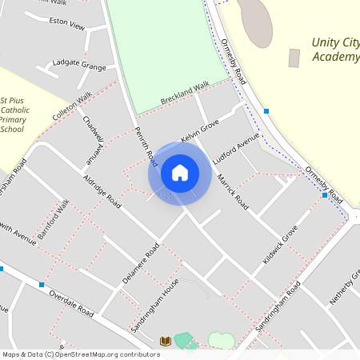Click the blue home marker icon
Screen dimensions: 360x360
point(179,172)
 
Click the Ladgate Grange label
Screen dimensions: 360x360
point(79,63)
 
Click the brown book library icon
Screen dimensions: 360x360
point(166,341)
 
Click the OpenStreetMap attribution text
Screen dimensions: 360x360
point(80,354)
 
